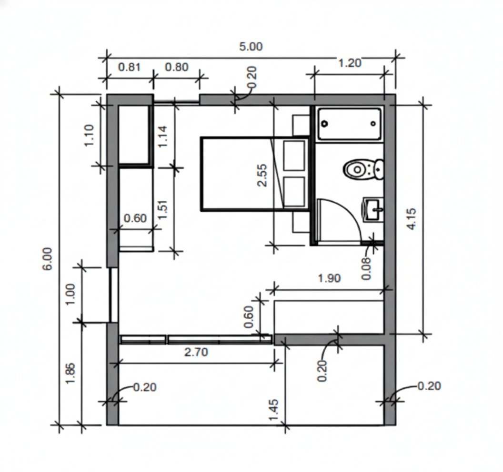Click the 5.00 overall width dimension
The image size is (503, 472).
click(251, 47)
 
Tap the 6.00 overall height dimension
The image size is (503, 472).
click(47, 258)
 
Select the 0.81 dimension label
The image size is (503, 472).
click(129, 67)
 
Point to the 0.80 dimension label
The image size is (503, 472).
click(176, 67)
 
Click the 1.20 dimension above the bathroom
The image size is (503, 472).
click(350, 63)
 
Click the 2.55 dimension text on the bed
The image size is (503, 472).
click(262, 175)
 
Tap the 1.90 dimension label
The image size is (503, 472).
click(329, 278)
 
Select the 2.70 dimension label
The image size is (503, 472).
click(196, 352)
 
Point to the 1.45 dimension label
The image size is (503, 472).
click(273, 410)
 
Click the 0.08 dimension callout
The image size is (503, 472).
click(366, 268)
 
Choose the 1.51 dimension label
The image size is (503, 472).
click(163, 209)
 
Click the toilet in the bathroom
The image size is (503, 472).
click(364, 169)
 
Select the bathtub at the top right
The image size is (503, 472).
click(349, 124)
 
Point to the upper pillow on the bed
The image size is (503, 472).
click(294, 156)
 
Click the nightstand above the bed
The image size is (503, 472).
click(301, 125)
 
